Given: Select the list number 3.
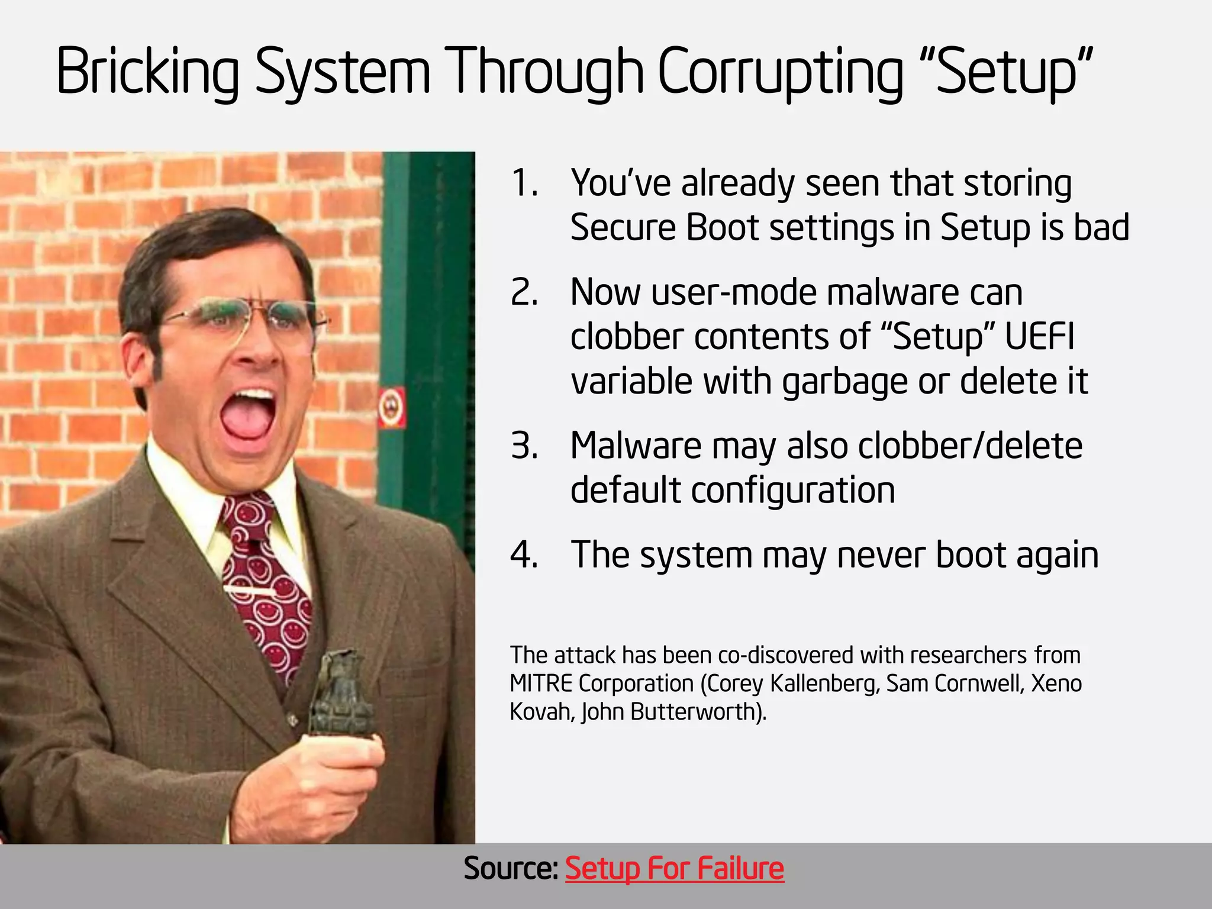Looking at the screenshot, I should [524, 446].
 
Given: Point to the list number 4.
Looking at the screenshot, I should [524, 555].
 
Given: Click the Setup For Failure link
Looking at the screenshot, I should [675, 869].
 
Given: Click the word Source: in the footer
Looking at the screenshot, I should [511, 869].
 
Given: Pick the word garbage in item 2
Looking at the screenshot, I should [844, 382].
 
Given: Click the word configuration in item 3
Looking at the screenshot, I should [793, 490].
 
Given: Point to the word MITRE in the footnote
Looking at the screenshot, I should [541, 684].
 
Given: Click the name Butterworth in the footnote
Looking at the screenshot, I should [694, 712].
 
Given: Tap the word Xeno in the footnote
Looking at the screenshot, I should [1056, 684].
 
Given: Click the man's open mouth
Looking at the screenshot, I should [247, 414].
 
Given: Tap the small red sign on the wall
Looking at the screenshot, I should [392, 407].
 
